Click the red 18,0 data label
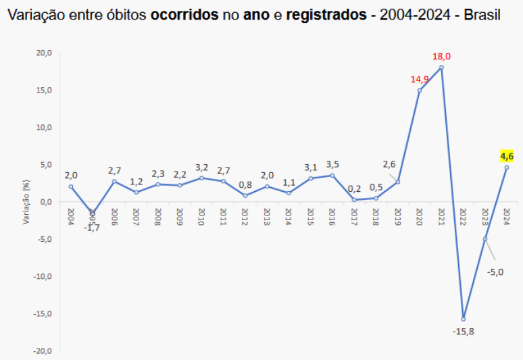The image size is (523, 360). tap(441, 57)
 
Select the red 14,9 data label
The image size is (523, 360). tap(420, 80)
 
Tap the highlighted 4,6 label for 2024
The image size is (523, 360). tap(507, 157)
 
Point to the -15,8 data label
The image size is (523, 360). tap(463, 331)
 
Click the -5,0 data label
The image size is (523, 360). tap(495, 272)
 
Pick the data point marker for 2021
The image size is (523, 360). tap(441, 67)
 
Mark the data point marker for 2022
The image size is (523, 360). tap(463, 319)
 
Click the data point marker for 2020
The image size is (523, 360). tap(420, 91)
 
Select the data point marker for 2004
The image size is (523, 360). tap(71, 186)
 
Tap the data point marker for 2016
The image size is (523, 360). tap(332, 176)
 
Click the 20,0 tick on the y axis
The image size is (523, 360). tap(44, 53)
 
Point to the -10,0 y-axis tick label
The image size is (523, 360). tap(43, 276)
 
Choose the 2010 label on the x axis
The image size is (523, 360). tap(201, 215)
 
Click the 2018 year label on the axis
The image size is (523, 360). tap(376, 215)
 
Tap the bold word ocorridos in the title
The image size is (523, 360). tap(184, 14)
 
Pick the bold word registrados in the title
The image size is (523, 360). tap(325, 14)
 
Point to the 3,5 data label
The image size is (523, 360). tap(332, 164)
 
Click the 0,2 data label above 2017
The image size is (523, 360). tap(354, 189)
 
